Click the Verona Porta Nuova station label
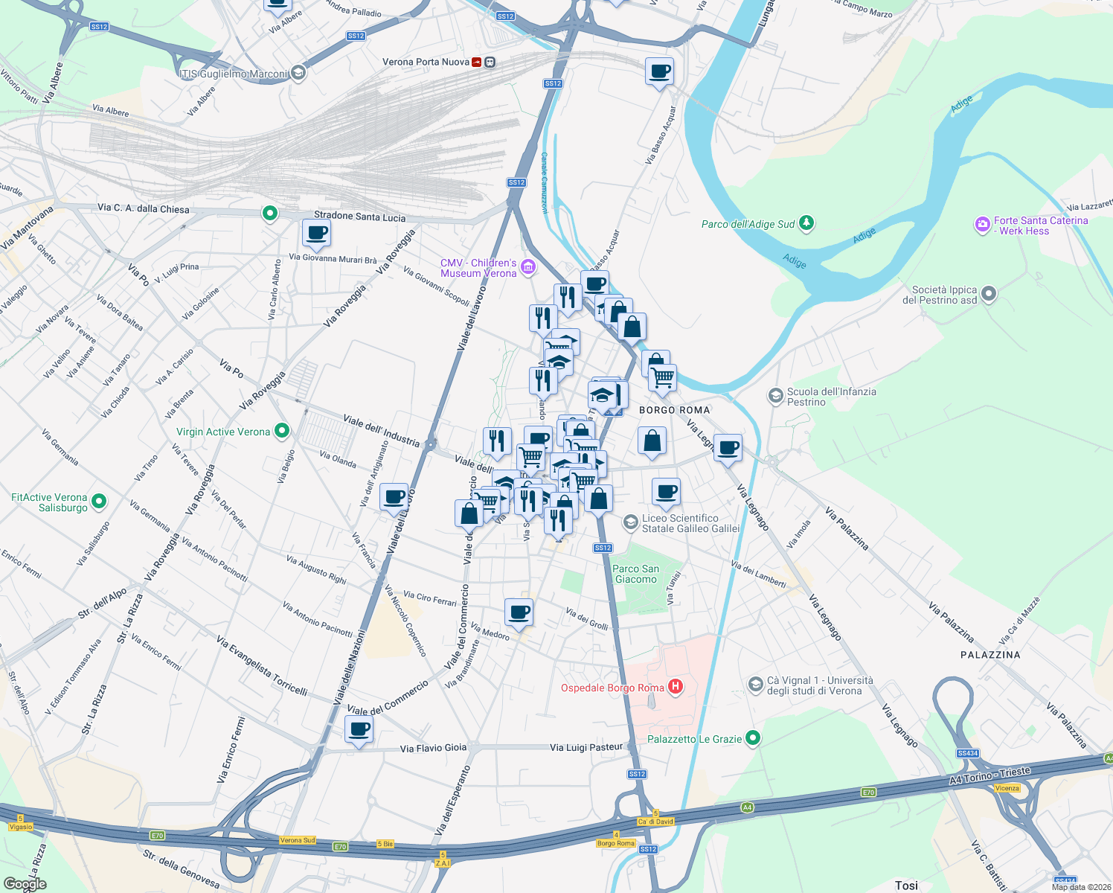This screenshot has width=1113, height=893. (x=426, y=62)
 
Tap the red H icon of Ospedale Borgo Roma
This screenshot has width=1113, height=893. (x=676, y=686)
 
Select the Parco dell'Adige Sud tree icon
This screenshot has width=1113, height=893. (x=806, y=223)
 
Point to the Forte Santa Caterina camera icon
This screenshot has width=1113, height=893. (x=982, y=224)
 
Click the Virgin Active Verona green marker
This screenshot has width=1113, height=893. (x=282, y=430)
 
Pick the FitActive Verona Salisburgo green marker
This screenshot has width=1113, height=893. (x=100, y=502)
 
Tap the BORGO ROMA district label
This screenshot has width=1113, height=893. (x=675, y=410)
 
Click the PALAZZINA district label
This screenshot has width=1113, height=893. (x=990, y=655)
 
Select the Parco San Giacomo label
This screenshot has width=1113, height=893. (x=635, y=574)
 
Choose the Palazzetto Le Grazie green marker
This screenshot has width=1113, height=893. (x=753, y=737)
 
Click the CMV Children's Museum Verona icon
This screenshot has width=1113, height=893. (x=528, y=266)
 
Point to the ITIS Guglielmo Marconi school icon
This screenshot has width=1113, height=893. (x=298, y=72)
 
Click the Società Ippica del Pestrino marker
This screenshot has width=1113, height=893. (x=989, y=294)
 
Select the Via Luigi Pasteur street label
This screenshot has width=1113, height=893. (x=586, y=747)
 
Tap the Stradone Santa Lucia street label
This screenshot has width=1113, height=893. (x=360, y=217)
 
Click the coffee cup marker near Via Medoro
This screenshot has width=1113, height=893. (x=519, y=612)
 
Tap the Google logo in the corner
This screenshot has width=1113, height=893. (x=25, y=884)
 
